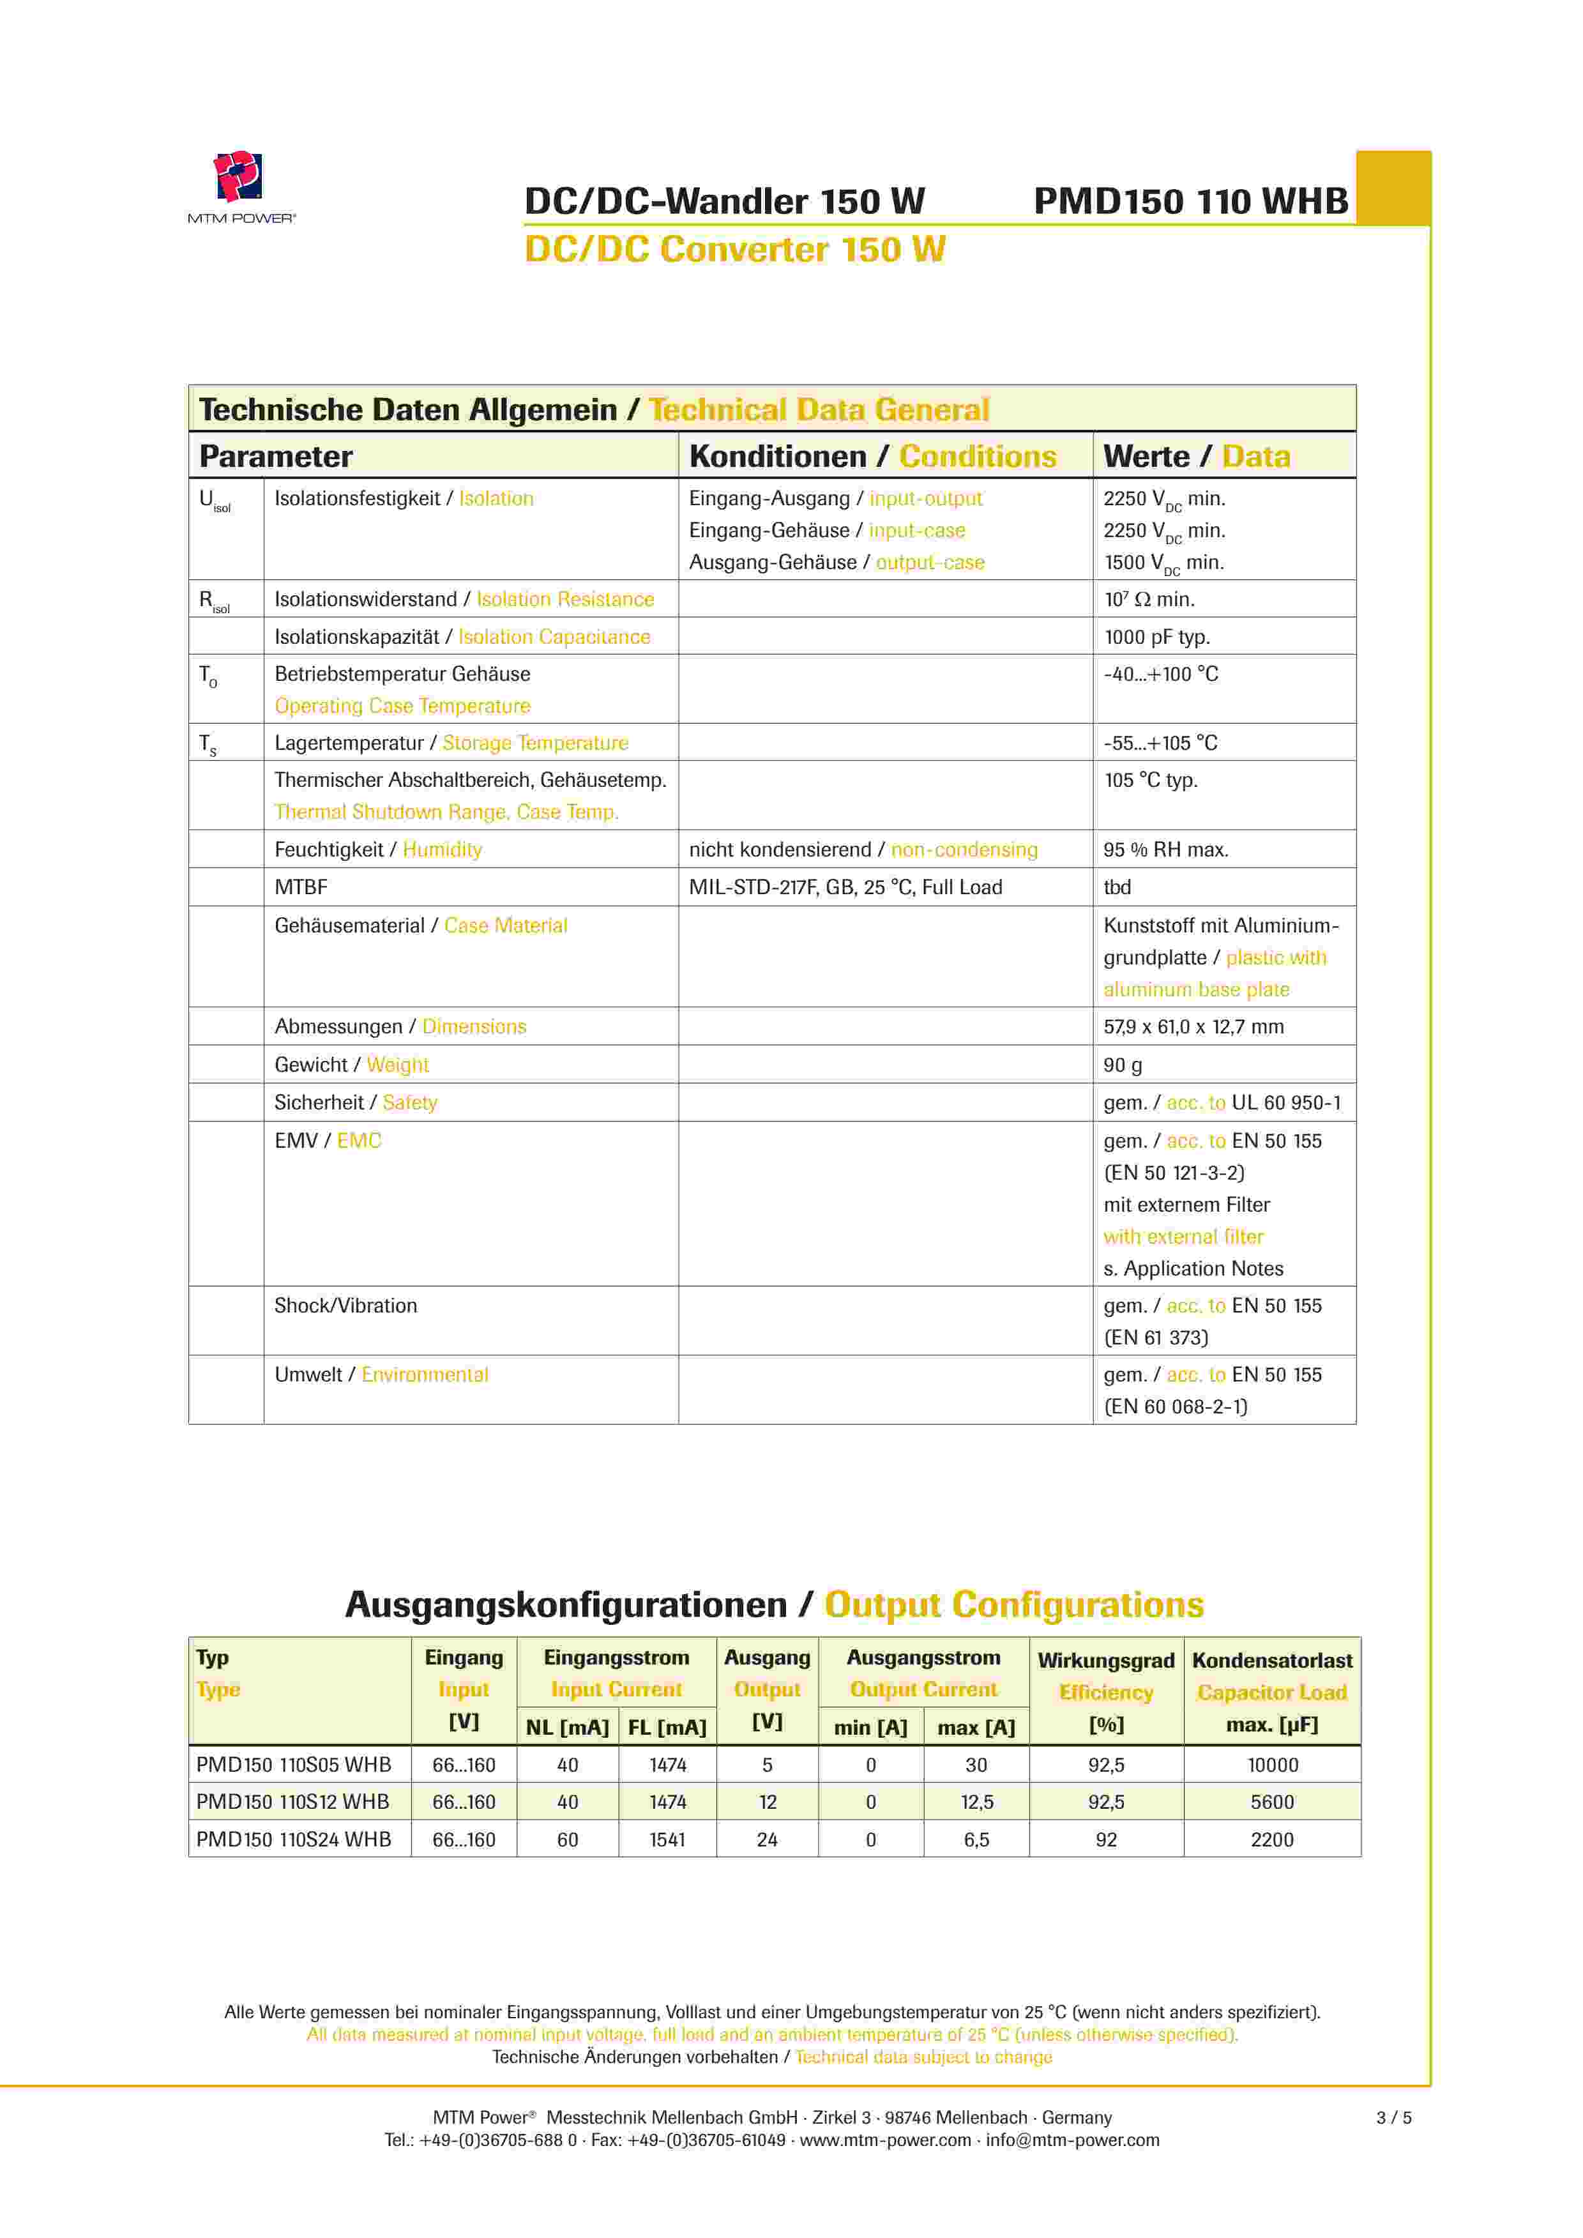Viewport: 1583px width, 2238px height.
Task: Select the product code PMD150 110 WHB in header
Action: tap(1190, 202)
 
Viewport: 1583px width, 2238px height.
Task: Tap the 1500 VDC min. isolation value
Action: tap(1163, 563)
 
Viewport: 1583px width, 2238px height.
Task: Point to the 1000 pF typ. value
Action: tap(1156, 637)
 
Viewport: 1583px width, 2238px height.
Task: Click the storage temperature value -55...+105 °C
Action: tap(1160, 743)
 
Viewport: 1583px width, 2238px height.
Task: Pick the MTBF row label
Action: tap(301, 888)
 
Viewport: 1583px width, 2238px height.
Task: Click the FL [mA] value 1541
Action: tap(668, 1840)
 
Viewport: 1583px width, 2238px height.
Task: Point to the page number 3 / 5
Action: tap(1393, 2117)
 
